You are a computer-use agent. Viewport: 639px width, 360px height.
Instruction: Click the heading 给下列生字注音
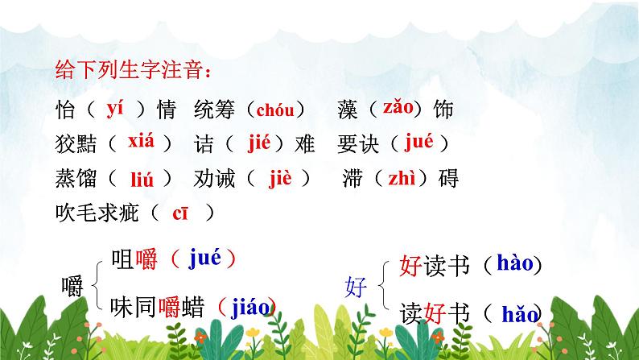click(x=134, y=71)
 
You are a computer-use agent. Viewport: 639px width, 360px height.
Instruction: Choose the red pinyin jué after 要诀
click(x=419, y=143)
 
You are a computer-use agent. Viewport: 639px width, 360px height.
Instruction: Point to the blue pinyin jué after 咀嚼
click(x=204, y=259)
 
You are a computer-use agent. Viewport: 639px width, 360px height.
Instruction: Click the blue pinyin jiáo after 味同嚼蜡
click(x=249, y=305)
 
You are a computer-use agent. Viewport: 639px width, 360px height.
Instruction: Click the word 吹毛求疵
click(x=97, y=213)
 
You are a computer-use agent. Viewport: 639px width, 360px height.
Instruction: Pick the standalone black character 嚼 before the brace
click(x=72, y=286)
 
